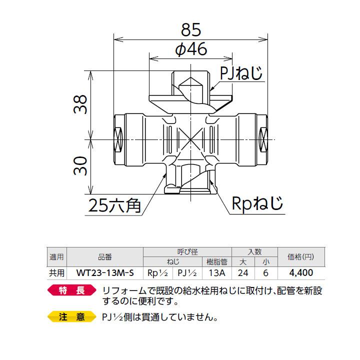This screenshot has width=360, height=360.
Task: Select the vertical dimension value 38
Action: click(x=82, y=103)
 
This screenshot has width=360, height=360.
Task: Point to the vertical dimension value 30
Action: click(x=82, y=165)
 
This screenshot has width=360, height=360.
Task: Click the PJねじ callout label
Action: click(x=241, y=74)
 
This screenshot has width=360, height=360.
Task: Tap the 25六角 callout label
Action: click(x=114, y=204)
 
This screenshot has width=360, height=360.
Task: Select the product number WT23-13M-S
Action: click(x=105, y=273)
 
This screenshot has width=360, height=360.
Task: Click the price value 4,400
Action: click(x=301, y=273)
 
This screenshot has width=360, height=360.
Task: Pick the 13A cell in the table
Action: click(x=216, y=273)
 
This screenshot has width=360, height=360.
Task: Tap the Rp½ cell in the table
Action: click(x=157, y=273)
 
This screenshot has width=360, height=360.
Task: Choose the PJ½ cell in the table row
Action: click(x=186, y=273)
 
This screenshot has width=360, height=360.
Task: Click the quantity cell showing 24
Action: click(x=243, y=273)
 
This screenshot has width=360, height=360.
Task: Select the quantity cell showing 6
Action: click(x=266, y=273)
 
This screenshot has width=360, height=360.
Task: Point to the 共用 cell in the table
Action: click(x=56, y=273)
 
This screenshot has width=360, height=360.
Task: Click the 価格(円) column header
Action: click(x=301, y=257)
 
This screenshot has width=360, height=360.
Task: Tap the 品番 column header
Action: click(x=105, y=257)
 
